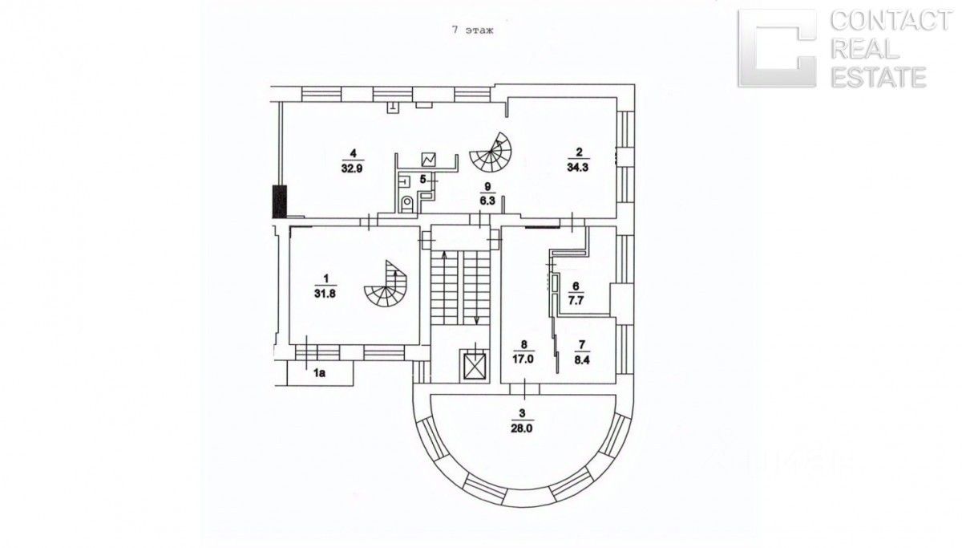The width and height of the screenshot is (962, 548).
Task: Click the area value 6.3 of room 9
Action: coord(485,202)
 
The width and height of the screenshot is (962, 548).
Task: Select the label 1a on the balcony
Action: coord(319,372)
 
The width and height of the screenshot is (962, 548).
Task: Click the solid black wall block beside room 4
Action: coord(278,201)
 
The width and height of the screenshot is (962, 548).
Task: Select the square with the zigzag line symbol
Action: coord(430,159)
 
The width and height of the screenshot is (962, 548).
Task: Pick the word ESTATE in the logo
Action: coord(879,77)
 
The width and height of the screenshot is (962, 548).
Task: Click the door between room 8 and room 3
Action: coord(525,390)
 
